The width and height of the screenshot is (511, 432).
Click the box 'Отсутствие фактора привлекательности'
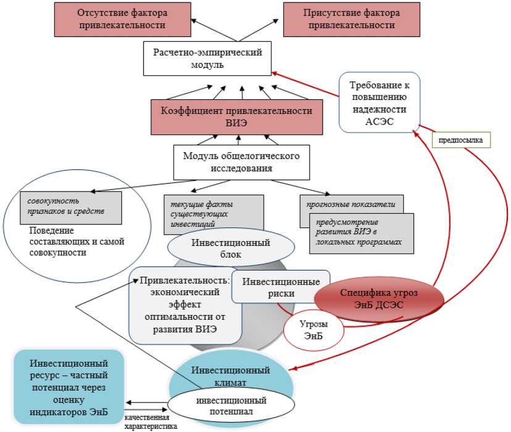[x=122, y=19]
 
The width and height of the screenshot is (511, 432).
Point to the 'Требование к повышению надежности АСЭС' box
[x=380, y=102]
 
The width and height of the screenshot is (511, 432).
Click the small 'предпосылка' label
[x=460, y=140]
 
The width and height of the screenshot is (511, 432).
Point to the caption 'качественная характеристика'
[x=150, y=422]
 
